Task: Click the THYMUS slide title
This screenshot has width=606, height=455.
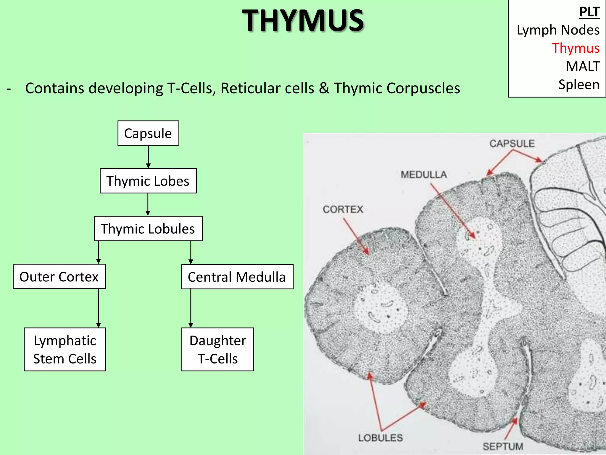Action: tap(303, 20)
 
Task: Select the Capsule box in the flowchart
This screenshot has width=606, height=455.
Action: tap(148, 133)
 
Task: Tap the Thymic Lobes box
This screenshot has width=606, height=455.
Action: tap(148, 181)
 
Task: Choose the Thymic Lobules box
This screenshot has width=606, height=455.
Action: tap(148, 229)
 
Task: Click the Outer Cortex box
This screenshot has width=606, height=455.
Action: tap(59, 277)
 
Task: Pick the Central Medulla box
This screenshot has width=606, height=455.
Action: tap(237, 277)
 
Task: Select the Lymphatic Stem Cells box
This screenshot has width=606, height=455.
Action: tap(65, 350)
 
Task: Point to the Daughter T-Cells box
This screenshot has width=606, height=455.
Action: tap(218, 350)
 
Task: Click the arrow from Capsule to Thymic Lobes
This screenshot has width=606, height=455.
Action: tap(148, 157)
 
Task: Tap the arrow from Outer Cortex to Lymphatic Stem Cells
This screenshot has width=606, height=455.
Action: tap(99, 308)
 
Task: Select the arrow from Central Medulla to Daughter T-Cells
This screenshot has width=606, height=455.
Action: tap(191, 308)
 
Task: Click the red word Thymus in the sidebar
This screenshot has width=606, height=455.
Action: tap(576, 48)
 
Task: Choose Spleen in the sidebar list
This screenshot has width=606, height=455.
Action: tap(579, 85)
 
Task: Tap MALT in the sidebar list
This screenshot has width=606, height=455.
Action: tap(583, 66)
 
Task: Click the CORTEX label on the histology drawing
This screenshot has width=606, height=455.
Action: tap(343, 209)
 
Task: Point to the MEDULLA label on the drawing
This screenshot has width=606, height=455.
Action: tap(424, 175)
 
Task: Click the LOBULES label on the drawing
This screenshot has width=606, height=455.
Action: tap(381, 438)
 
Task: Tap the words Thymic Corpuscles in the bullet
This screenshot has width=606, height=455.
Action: tap(397, 88)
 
